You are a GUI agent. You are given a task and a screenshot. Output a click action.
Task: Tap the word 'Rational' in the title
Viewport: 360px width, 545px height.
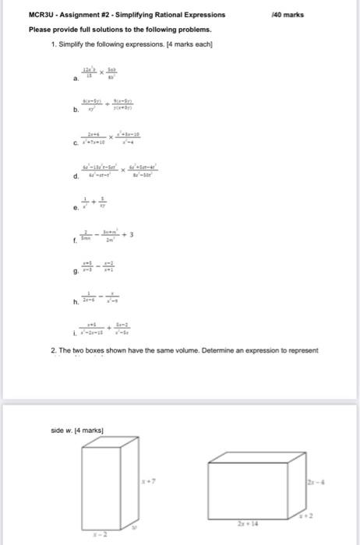pos(168,15)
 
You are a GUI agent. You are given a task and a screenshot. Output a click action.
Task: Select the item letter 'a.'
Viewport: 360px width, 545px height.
pos(75,78)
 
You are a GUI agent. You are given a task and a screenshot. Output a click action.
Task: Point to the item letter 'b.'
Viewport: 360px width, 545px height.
pos(75,111)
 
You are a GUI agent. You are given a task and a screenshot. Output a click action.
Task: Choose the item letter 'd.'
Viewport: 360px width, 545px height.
pos(75,176)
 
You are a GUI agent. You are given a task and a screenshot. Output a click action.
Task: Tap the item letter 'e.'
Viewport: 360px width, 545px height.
pos(75,209)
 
